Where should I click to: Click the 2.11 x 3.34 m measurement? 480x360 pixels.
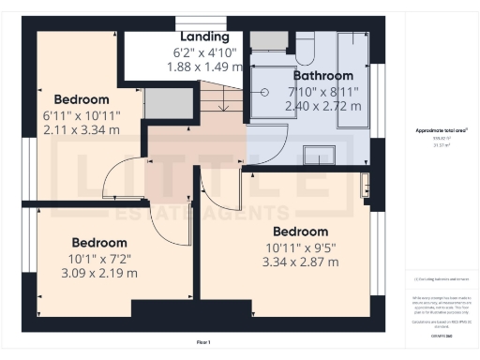[x=82, y=129]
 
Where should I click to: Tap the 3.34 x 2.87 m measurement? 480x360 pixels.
[x=300, y=263]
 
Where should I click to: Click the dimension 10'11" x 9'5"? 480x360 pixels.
[x=300, y=247]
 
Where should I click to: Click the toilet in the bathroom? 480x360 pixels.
[x=307, y=45]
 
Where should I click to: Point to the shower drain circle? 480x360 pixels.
[x=266, y=92]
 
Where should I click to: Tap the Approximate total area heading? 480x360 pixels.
[x=441, y=130]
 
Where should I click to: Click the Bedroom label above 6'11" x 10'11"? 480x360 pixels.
[x=82, y=98]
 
